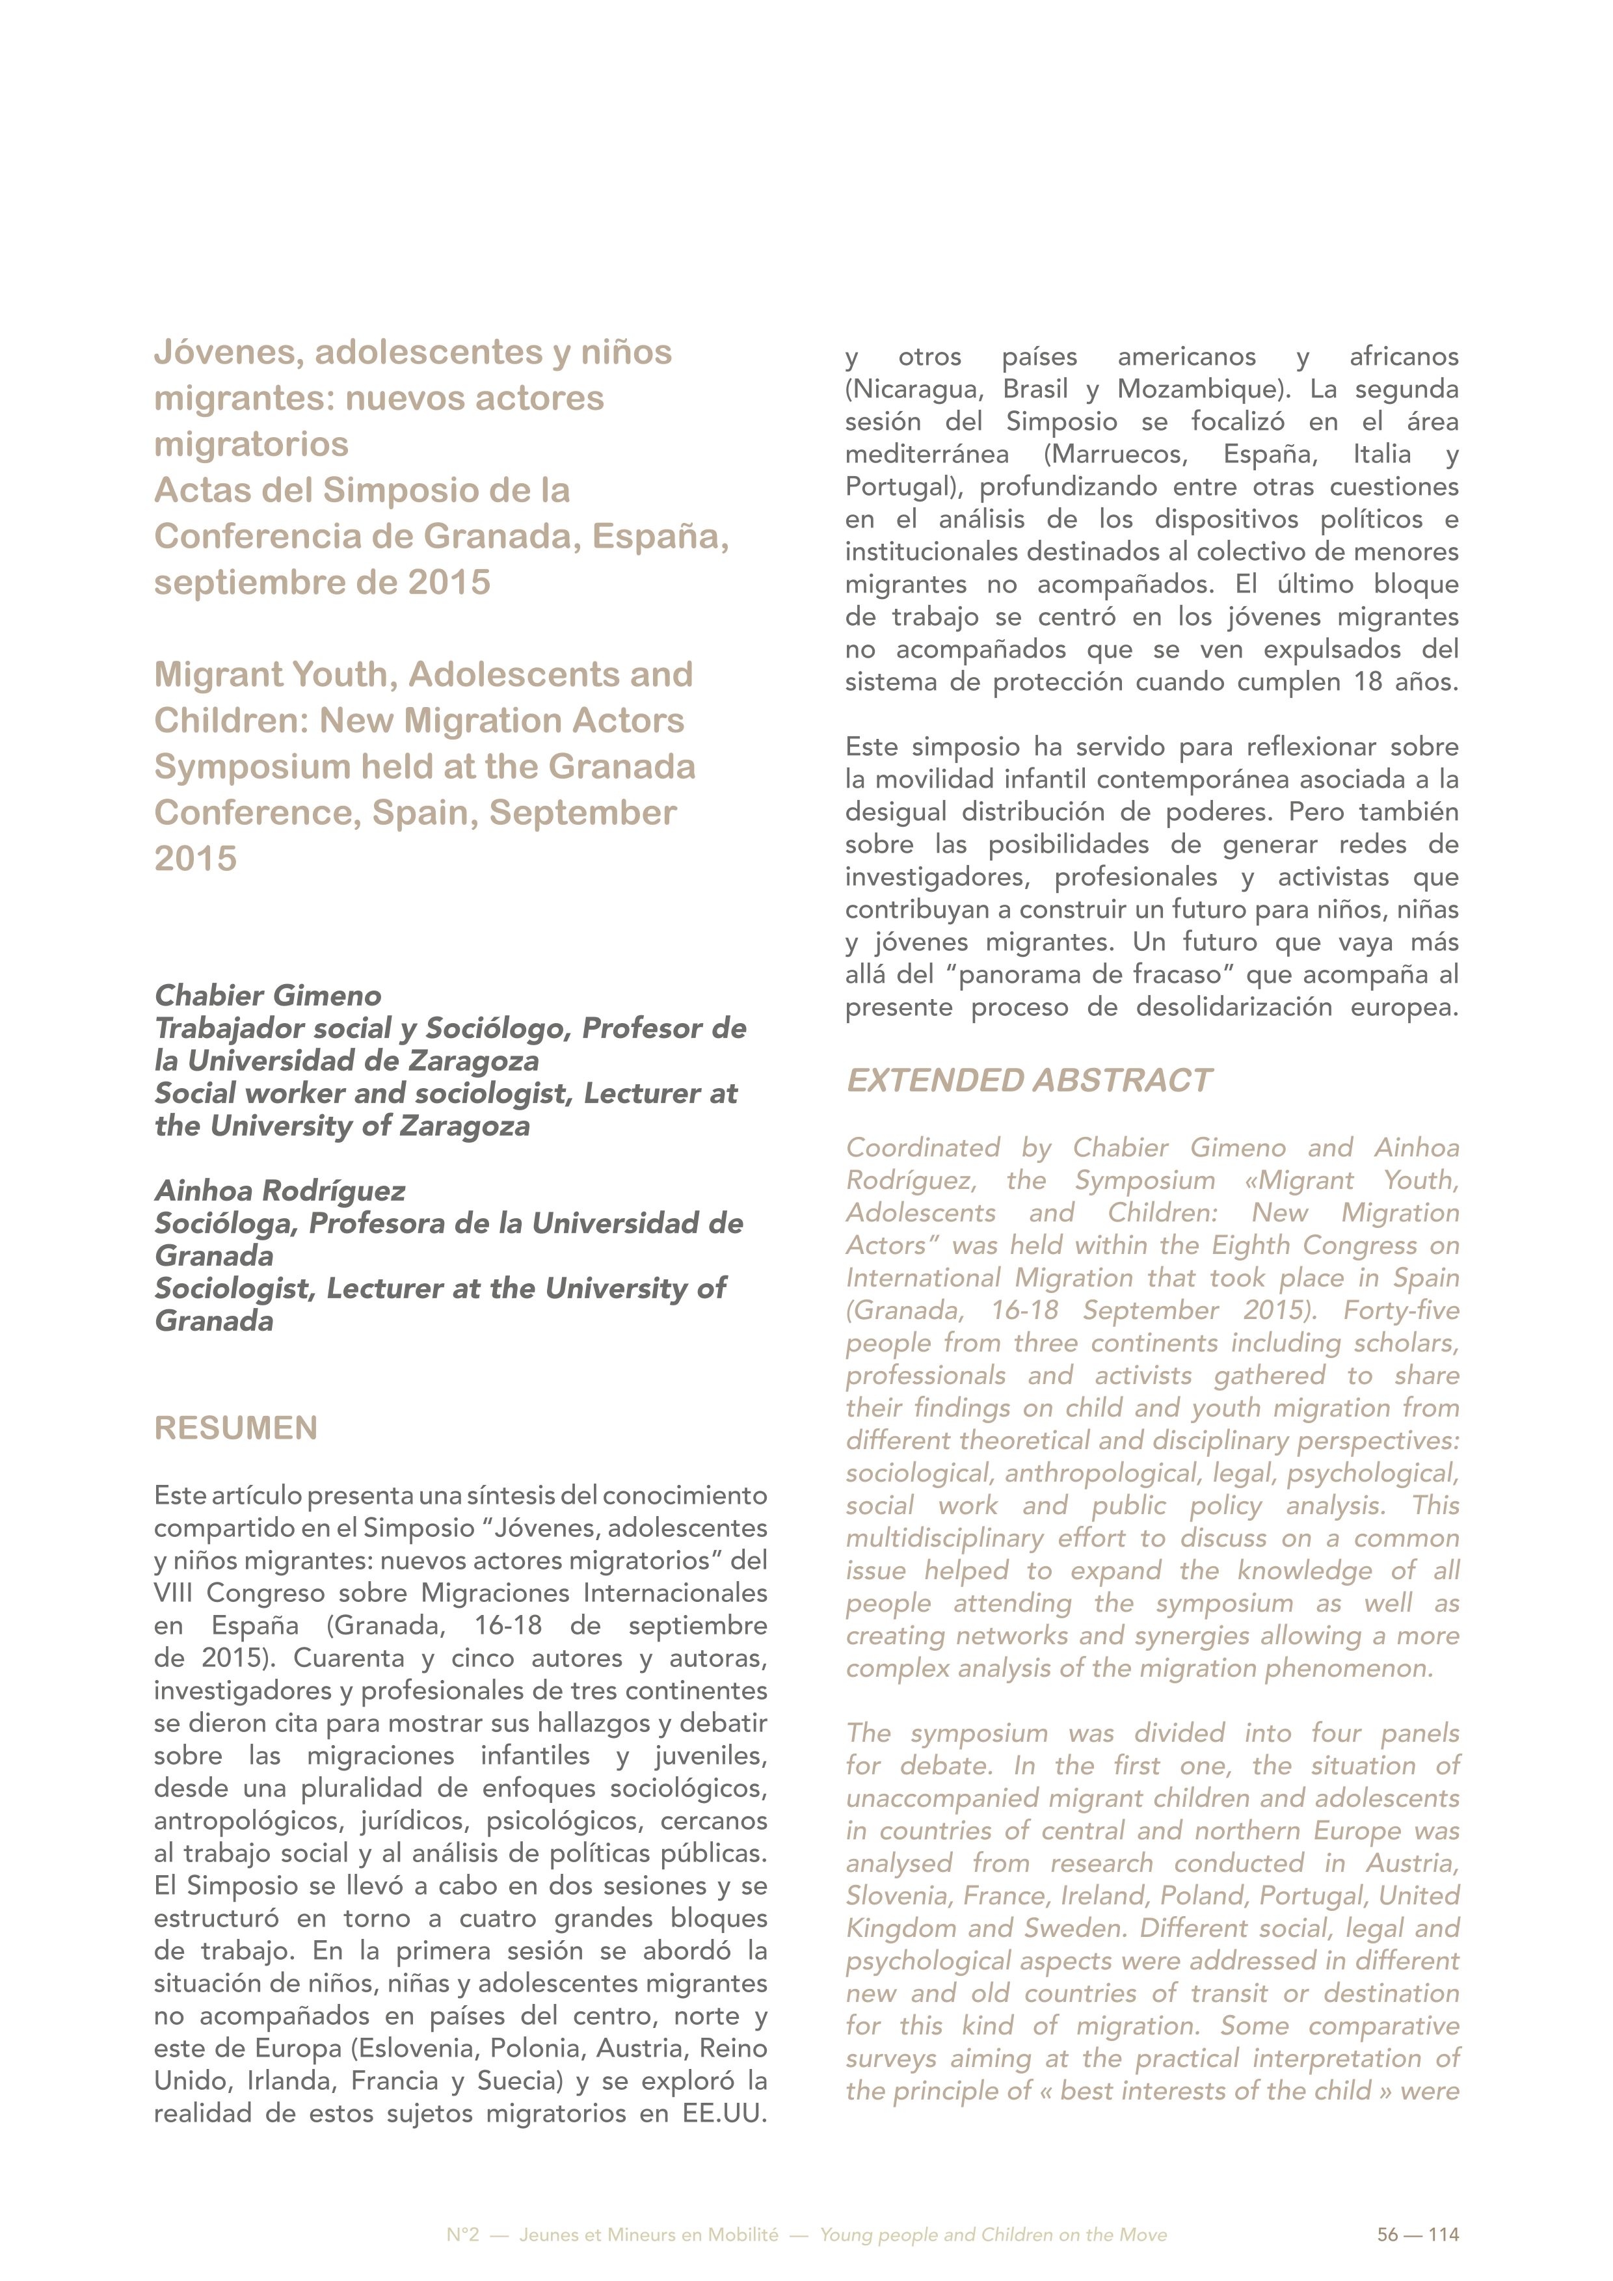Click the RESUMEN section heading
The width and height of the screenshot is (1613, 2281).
click(x=235, y=1428)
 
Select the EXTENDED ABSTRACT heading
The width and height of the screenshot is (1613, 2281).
click(x=1028, y=1080)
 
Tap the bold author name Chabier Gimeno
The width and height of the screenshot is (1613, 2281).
click(x=268, y=995)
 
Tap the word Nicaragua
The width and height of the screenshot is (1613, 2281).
click(x=911, y=388)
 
